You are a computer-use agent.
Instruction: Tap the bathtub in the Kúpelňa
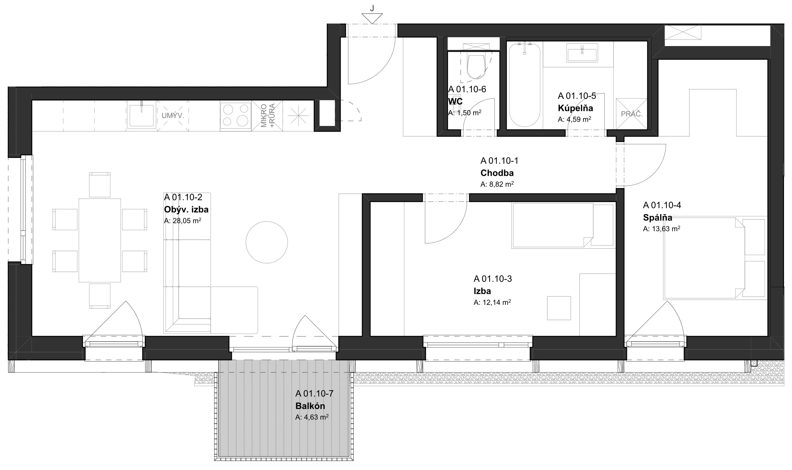click(525, 85)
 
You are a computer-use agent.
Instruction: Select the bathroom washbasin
click(582, 55)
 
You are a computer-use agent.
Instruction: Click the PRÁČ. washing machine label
click(632, 114)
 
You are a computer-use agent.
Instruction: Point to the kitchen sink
click(142, 116)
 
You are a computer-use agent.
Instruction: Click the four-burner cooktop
click(236, 116)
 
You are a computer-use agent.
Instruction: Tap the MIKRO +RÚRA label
click(267, 116)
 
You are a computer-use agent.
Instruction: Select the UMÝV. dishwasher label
click(173, 116)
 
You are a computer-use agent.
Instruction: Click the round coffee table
click(267, 242)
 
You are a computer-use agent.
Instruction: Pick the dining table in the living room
click(100, 240)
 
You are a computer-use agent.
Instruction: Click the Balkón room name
click(310, 406)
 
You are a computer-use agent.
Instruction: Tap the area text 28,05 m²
click(183, 221)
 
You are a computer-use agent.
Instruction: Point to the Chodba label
click(497, 173)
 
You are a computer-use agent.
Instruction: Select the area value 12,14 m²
click(492, 302)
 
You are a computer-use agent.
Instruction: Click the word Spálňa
click(658, 218)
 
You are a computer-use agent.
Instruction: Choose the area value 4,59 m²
click(574, 119)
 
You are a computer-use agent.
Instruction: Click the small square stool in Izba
click(559, 308)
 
